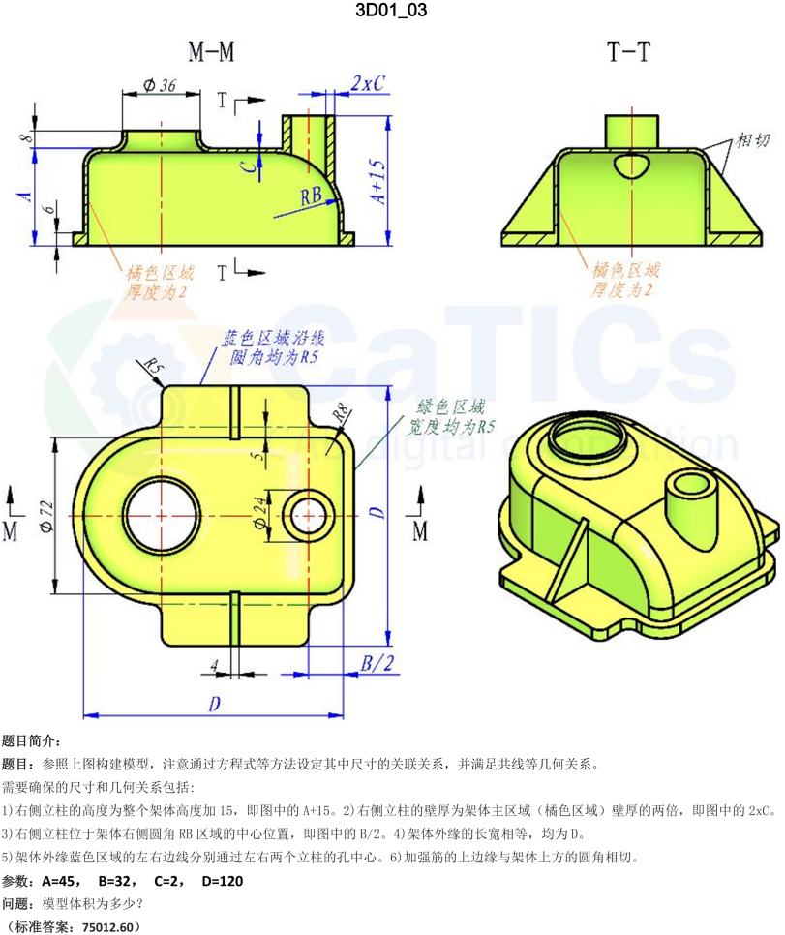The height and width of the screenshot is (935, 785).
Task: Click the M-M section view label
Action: coord(211,53)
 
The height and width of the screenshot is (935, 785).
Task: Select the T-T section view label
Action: coord(628,53)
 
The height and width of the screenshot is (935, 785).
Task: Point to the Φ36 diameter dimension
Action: coord(160,85)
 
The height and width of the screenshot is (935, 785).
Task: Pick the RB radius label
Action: coord(311,196)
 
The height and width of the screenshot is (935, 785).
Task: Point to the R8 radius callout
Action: coord(341,413)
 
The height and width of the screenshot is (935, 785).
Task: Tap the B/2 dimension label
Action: coord(378,663)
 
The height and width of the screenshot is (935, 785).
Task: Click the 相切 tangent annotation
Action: coord(754,141)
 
